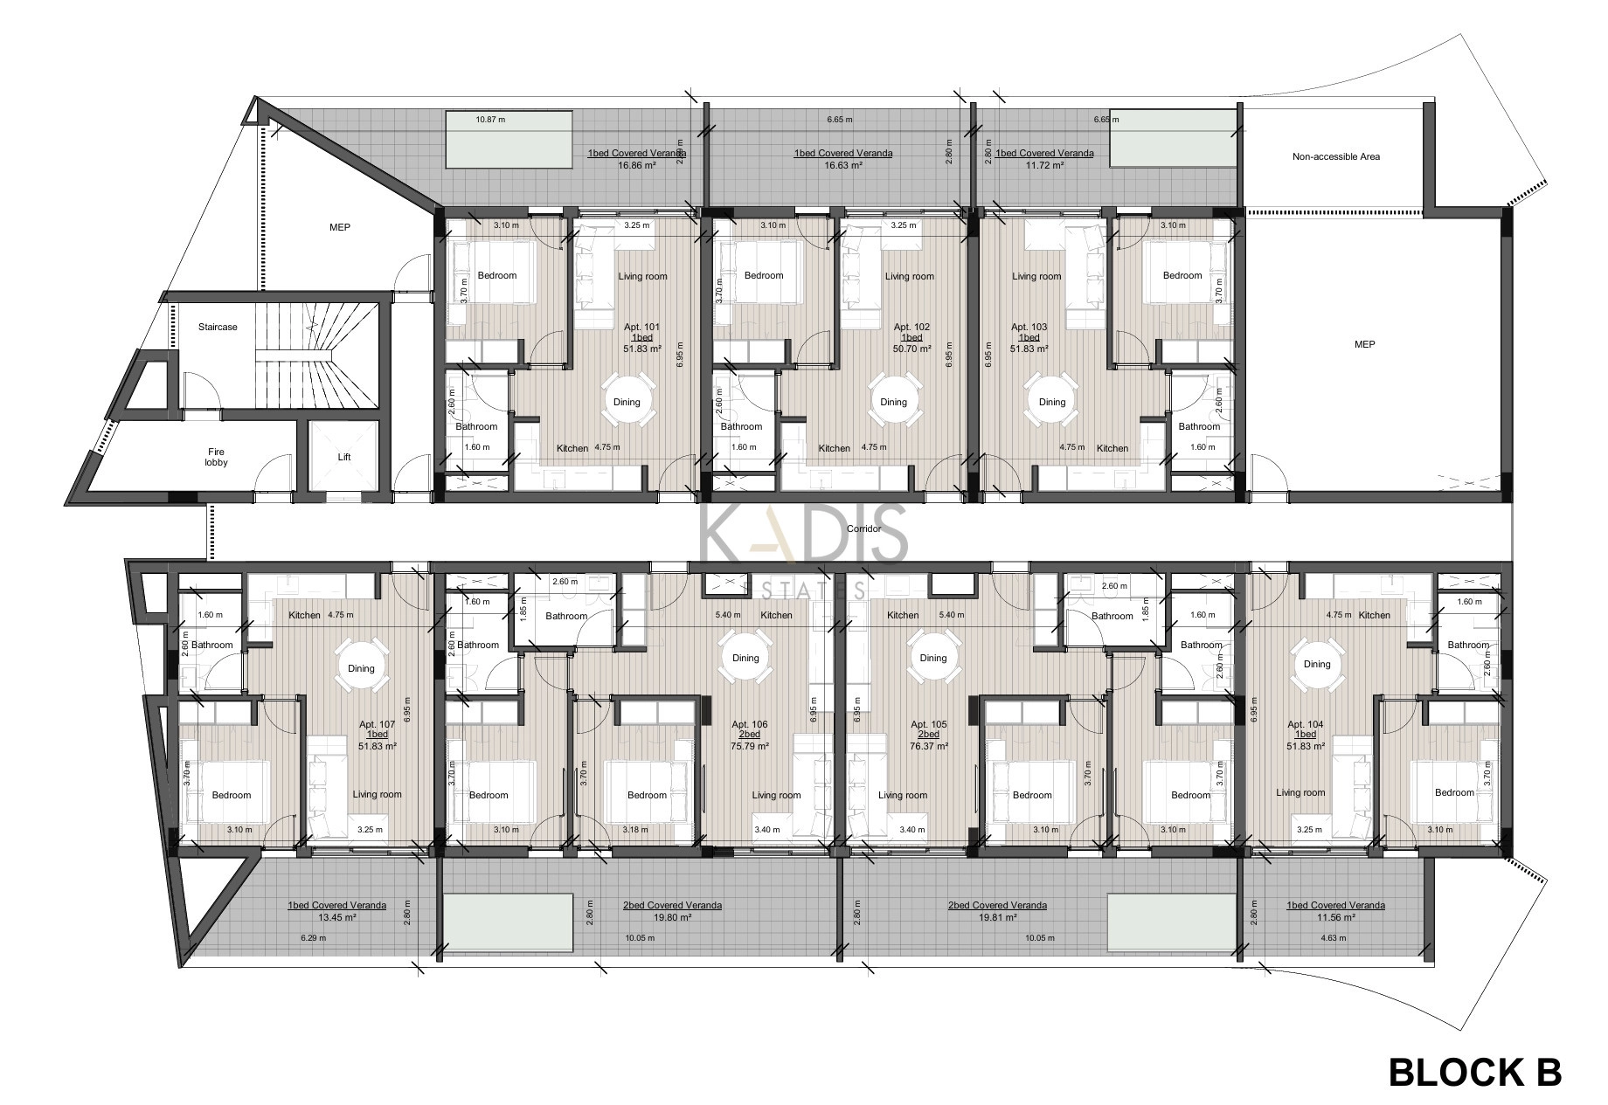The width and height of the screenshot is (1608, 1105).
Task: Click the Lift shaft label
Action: point(344,457)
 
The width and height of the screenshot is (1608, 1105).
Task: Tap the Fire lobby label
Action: point(216,457)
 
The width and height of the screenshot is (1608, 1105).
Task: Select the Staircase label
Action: point(218,327)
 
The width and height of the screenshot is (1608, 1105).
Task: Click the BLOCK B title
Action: point(1475,1048)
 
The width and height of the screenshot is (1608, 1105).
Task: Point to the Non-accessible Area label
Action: point(1336,157)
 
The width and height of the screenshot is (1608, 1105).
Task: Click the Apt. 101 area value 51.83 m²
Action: point(641,349)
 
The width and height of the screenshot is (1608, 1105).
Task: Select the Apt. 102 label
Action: point(911,328)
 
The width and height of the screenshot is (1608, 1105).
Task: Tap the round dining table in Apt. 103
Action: point(1051,402)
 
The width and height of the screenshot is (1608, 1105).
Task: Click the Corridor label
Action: point(863,528)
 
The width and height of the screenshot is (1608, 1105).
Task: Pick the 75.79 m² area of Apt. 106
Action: point(750,747)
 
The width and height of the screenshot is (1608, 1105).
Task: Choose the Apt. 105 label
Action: point(929,725)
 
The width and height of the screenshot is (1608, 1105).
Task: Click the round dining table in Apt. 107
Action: point(361,668)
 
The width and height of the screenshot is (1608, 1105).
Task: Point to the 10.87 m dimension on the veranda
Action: point(490,120)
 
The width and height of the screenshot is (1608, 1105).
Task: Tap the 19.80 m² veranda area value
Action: point(672,918)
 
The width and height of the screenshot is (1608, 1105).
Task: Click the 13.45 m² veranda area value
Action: point(336,918)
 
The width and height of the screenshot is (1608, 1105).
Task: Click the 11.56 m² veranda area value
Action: point(1335,918)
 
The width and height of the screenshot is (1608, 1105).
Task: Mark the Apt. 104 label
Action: point(1306,725)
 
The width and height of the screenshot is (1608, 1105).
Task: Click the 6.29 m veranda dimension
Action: point(313,938)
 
